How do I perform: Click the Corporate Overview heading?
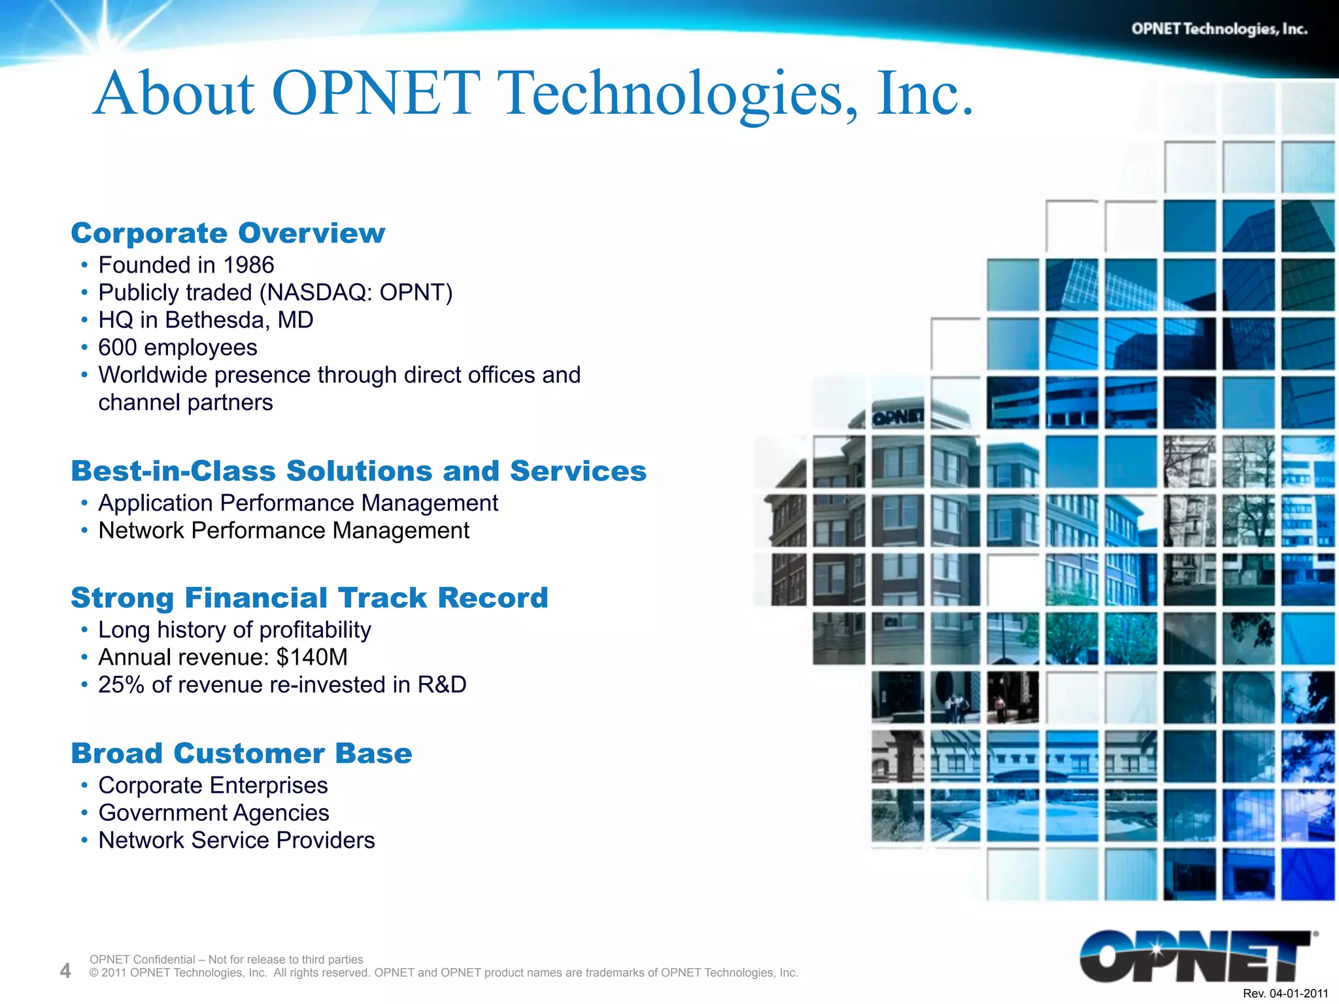click(228, 233)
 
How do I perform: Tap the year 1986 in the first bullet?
click(248, 265)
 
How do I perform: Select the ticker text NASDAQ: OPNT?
click(356, 293)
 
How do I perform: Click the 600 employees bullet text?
click(178, 348)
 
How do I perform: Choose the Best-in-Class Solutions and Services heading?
click(358, 471)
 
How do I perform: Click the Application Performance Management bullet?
click(298, 503)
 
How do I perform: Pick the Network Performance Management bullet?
click(284, 531)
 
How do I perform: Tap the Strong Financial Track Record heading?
click(309, 598)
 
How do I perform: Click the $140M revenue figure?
click(312, 658)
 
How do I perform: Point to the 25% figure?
click(121, 685)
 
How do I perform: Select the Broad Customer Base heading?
click(241, 754)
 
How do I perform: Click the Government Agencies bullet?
click(214, 813)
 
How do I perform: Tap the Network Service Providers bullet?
click(237, 841)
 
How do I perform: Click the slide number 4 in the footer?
click(65, 971)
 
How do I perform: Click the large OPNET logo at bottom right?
click(1196, 956)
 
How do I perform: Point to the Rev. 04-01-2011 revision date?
click(1285, 994)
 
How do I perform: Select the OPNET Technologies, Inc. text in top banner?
click(1219, 29)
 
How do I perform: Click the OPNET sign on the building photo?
click(898, 417)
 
